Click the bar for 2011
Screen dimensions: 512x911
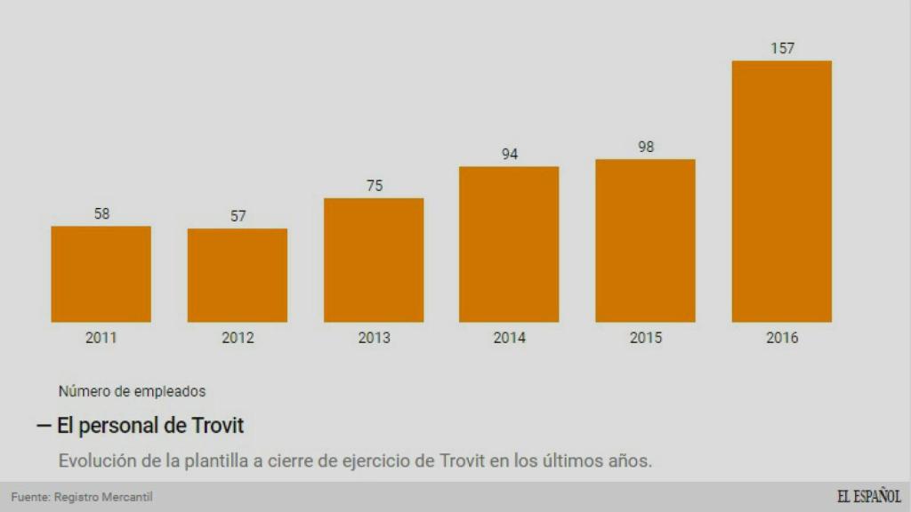coord(101,274)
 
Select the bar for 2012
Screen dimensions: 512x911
coord(238,275)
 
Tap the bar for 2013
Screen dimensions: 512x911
coord(374,260)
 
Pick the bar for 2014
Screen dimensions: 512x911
coord(509,244)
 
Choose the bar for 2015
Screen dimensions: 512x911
coord(645,240)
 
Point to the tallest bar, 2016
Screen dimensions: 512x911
coord(781,191)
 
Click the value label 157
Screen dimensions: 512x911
coord(782,48)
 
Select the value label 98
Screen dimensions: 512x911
coord(646,147)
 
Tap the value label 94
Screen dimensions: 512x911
coord(510,154)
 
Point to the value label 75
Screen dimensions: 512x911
coord(374,185)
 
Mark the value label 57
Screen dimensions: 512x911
coord(238,216)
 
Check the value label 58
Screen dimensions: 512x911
coord(101,213)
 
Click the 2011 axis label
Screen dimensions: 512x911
coord(101,338)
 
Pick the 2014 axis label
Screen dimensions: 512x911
coord(510,338)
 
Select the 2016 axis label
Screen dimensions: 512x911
coord(782,338)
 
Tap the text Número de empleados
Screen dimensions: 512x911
coord(132,390)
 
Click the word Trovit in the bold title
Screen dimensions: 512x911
coord(217,426)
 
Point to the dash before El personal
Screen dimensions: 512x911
coord(44,426)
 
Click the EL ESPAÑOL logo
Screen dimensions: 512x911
coord(868,497)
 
